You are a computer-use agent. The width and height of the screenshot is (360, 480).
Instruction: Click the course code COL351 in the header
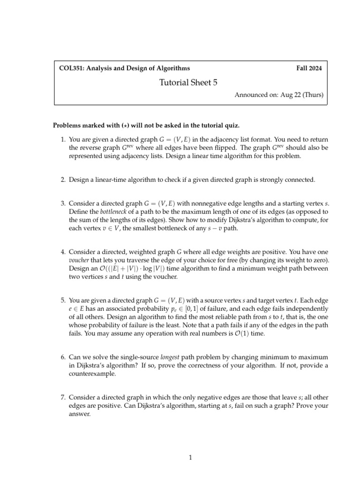pos(70,68)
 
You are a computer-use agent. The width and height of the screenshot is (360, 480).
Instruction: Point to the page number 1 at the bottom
pos(190,458)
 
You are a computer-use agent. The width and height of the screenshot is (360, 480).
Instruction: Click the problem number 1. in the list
pos(63,139)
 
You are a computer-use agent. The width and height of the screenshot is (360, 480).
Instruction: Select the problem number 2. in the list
pos(63,180)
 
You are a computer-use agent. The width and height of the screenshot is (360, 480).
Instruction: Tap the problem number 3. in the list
pos(63,203)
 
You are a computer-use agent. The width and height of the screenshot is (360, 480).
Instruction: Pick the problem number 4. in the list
pos(63,252)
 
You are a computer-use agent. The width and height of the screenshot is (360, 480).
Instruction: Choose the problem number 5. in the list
pos(63,300)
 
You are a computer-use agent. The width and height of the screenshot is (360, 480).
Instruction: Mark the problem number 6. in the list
pos(63,357)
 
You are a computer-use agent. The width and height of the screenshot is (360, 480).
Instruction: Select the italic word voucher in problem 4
pos(79,260)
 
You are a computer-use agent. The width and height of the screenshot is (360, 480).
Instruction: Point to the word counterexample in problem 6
pos(91,374)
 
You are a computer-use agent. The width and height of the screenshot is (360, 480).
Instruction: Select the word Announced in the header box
pos(250,95)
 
